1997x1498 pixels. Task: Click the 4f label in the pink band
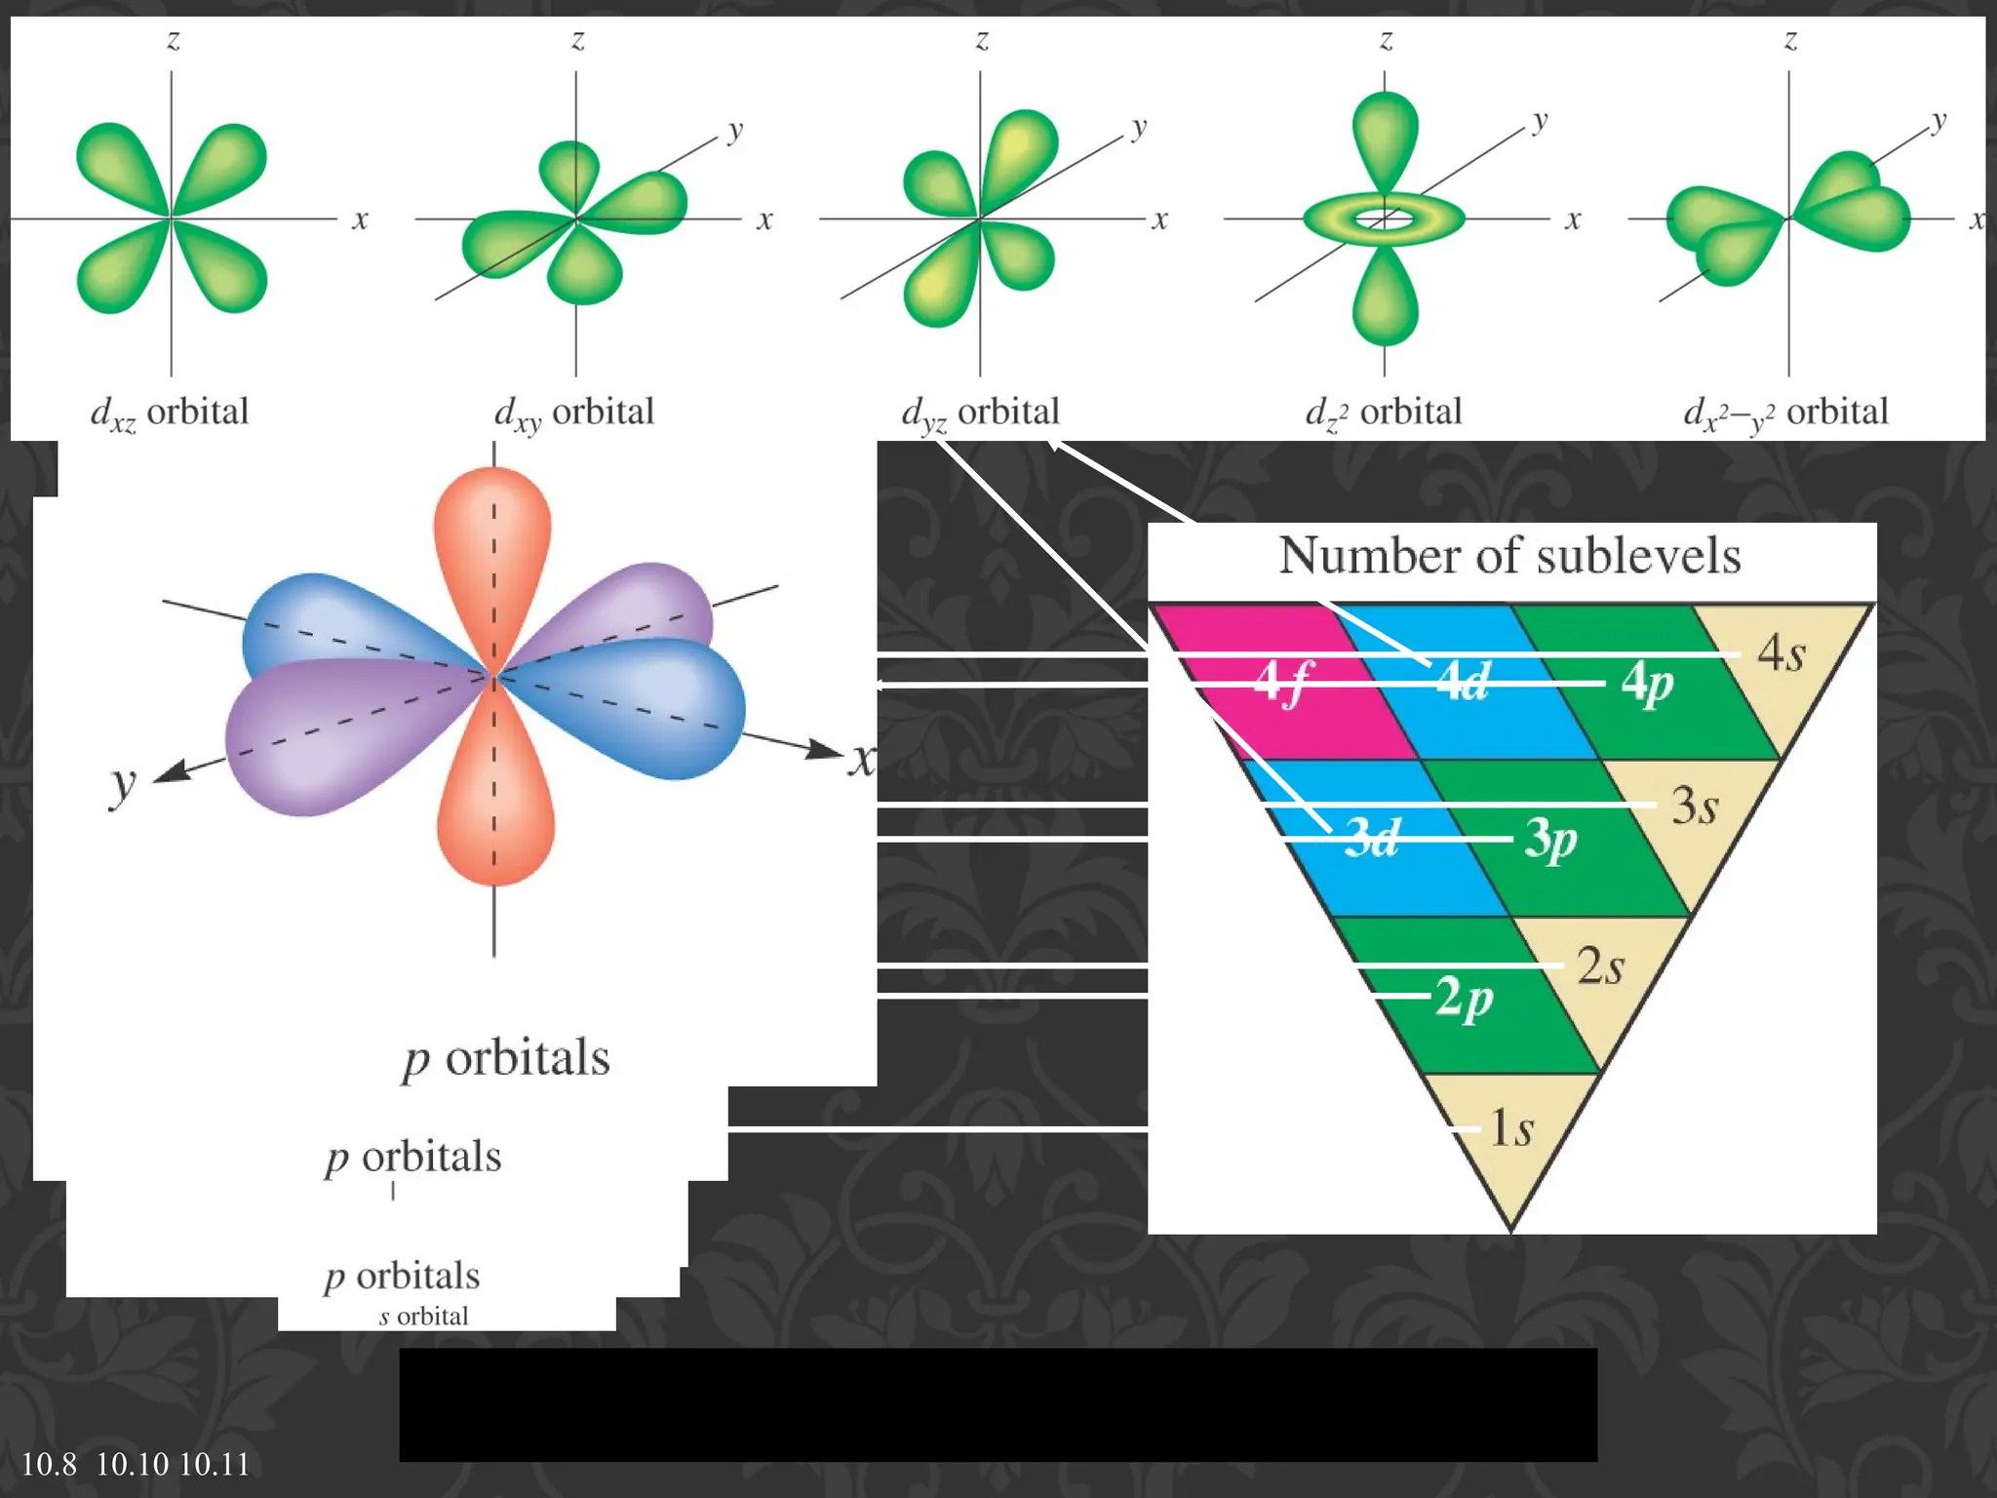(1283, 682)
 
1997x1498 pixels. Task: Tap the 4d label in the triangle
(1463, 682)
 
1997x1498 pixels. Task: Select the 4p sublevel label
(1647, 684)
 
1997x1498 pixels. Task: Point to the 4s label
(1781, 652)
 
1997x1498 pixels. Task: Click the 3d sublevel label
(1371, 838)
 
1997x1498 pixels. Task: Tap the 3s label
(1695, 806)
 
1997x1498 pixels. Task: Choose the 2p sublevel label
(1464, 998)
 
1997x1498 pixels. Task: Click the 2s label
(1600, 966)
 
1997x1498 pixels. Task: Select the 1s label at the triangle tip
(1510, 1128)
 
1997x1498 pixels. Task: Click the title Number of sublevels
(1509, 556)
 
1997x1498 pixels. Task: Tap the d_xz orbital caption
(170, 413)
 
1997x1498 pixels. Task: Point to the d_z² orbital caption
(1383, 413)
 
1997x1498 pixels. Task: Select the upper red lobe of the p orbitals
(492, 546)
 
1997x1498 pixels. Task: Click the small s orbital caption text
(424, 1317)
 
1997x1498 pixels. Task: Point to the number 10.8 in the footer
(49, 1464)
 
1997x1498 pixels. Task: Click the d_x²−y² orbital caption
(1785, 413)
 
